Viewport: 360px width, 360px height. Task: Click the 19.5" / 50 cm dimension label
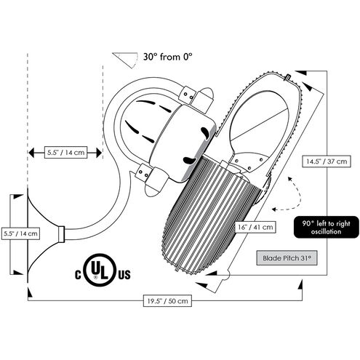[x=167, y=301]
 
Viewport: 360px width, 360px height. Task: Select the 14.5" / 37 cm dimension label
[x=327, y=161]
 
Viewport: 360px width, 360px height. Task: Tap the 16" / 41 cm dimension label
[x=255, y=227]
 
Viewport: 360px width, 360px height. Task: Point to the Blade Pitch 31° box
[x=287, y=257]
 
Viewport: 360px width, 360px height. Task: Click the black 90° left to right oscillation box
[x=327, y=227]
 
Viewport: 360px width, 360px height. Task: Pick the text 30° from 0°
[x=167, y=57]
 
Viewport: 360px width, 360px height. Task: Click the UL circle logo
[x=100, y=270]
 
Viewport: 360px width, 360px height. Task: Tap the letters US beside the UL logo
[x=124, y=275]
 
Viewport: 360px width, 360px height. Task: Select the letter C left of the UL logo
[x=78, y=275]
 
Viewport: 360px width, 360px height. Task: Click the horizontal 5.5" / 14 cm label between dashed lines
[x=65, y=153]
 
